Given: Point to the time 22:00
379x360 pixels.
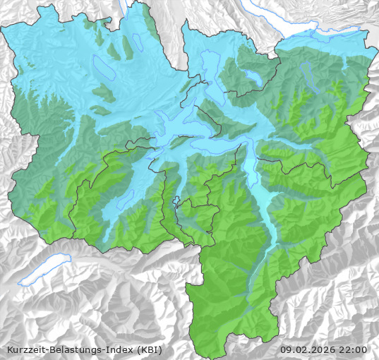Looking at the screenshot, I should (354, 349).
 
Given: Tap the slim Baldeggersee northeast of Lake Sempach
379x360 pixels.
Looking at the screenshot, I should (137, 42).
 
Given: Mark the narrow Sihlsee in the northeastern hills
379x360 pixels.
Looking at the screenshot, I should (308, 70).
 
